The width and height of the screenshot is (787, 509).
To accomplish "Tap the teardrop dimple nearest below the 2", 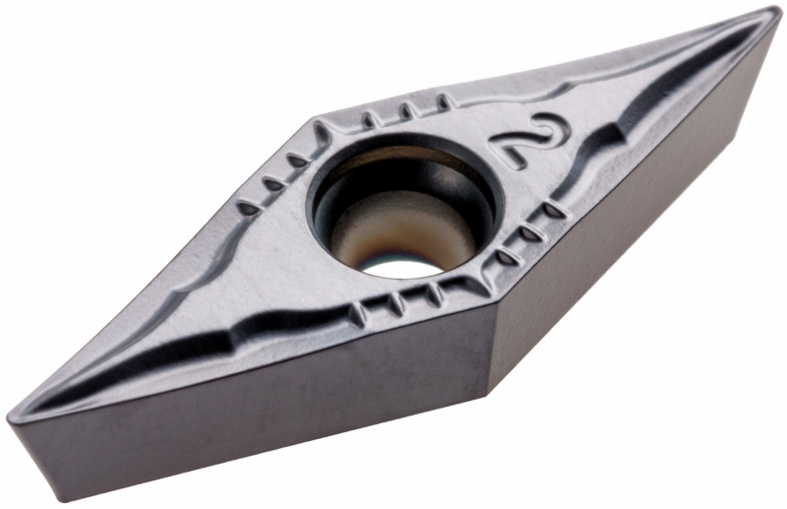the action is point(553,211).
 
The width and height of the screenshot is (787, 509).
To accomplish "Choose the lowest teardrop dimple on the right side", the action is point(507,258).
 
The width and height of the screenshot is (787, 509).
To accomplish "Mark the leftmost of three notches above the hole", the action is point(368,120).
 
